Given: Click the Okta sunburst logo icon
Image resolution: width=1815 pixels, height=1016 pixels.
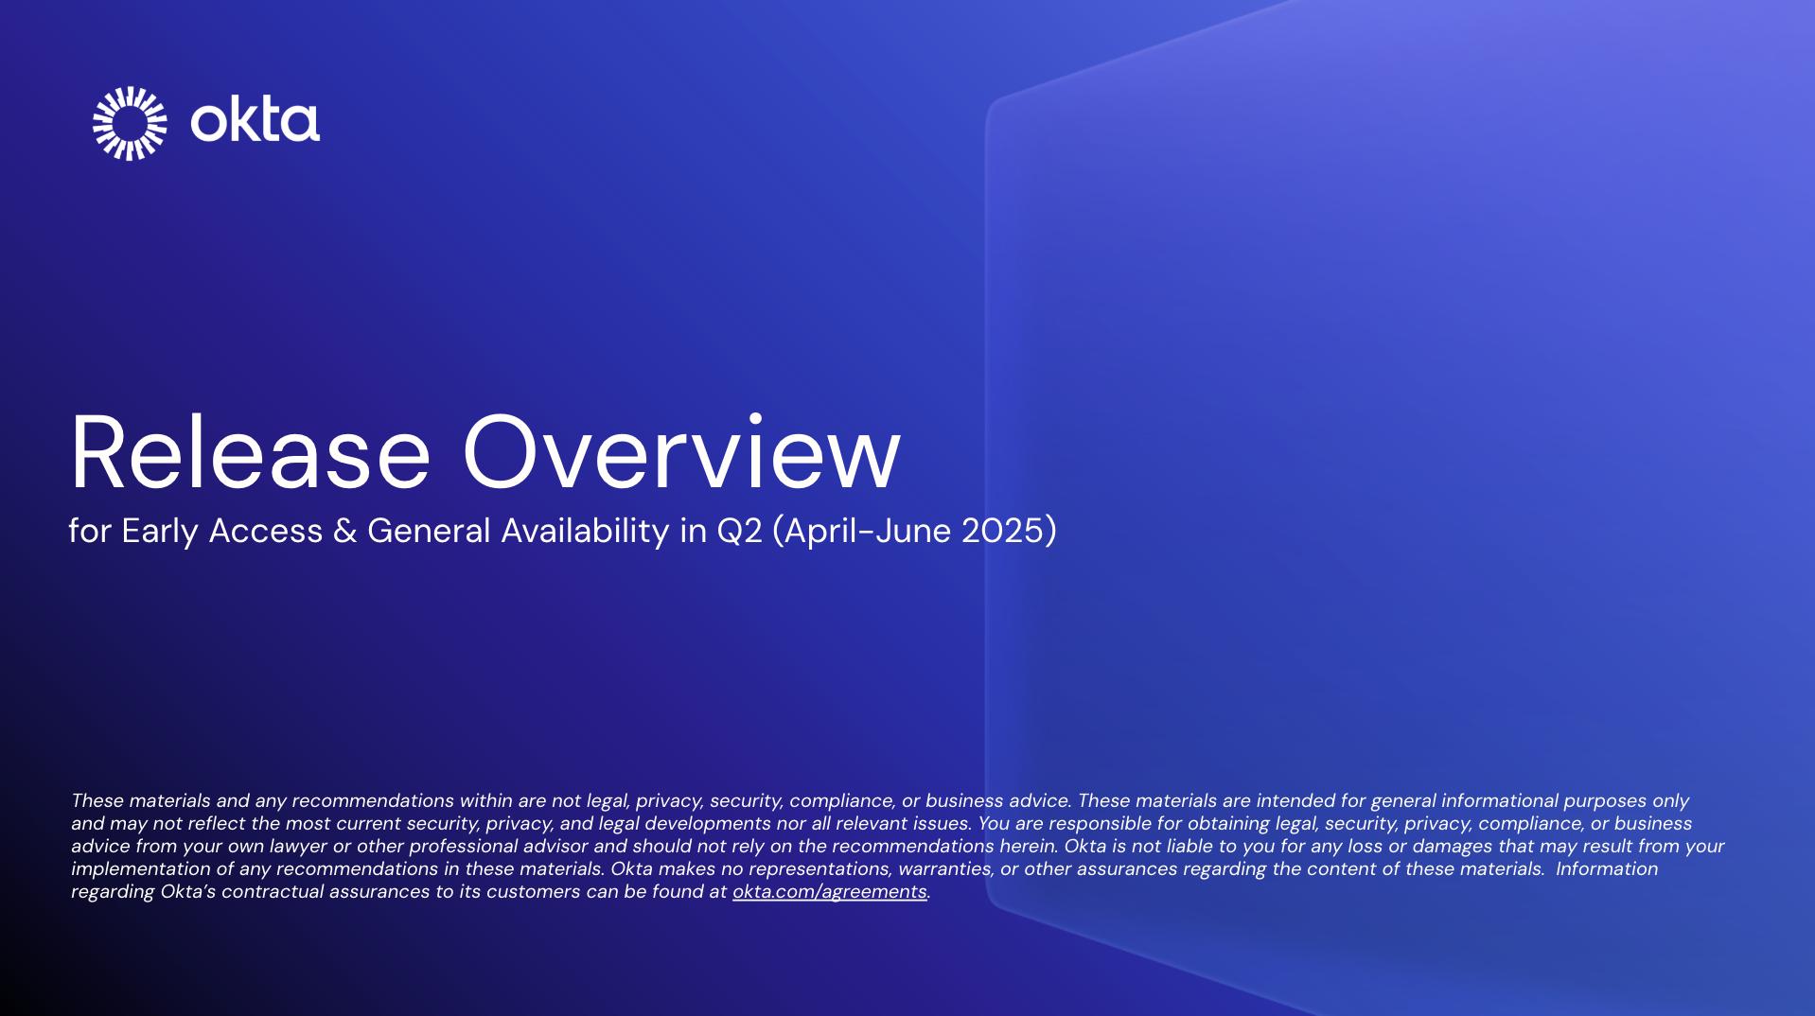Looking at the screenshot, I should pyautogui.click(x=130, y=123).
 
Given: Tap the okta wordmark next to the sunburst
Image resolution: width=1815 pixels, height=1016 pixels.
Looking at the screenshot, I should pyautogui.click(x=255, y=121).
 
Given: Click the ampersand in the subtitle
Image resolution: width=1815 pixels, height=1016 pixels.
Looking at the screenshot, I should pyautogui.click(x=344, y=531).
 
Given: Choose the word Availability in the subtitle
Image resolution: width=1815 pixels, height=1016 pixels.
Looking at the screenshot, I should pyautogui.click(x=585, y=531).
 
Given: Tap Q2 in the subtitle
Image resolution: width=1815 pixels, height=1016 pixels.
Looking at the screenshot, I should pyautogui.click(x=739, y=531).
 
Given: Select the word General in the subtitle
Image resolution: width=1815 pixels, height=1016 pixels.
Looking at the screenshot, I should pyautogui.click(x=429, y=531).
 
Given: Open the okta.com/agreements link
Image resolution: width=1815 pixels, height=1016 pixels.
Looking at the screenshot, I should pyautogui.click(x=829, y=891).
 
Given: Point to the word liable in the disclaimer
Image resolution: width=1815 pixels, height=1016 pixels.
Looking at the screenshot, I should pyautogui.click(x=1182, y=846).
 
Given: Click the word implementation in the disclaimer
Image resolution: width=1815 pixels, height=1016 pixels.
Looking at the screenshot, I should pyautogui.click(x=138, y=868).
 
